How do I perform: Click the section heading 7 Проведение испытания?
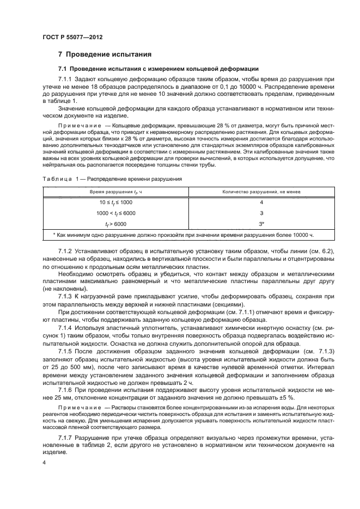[105, 54]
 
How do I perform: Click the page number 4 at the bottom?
[44, 461]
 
